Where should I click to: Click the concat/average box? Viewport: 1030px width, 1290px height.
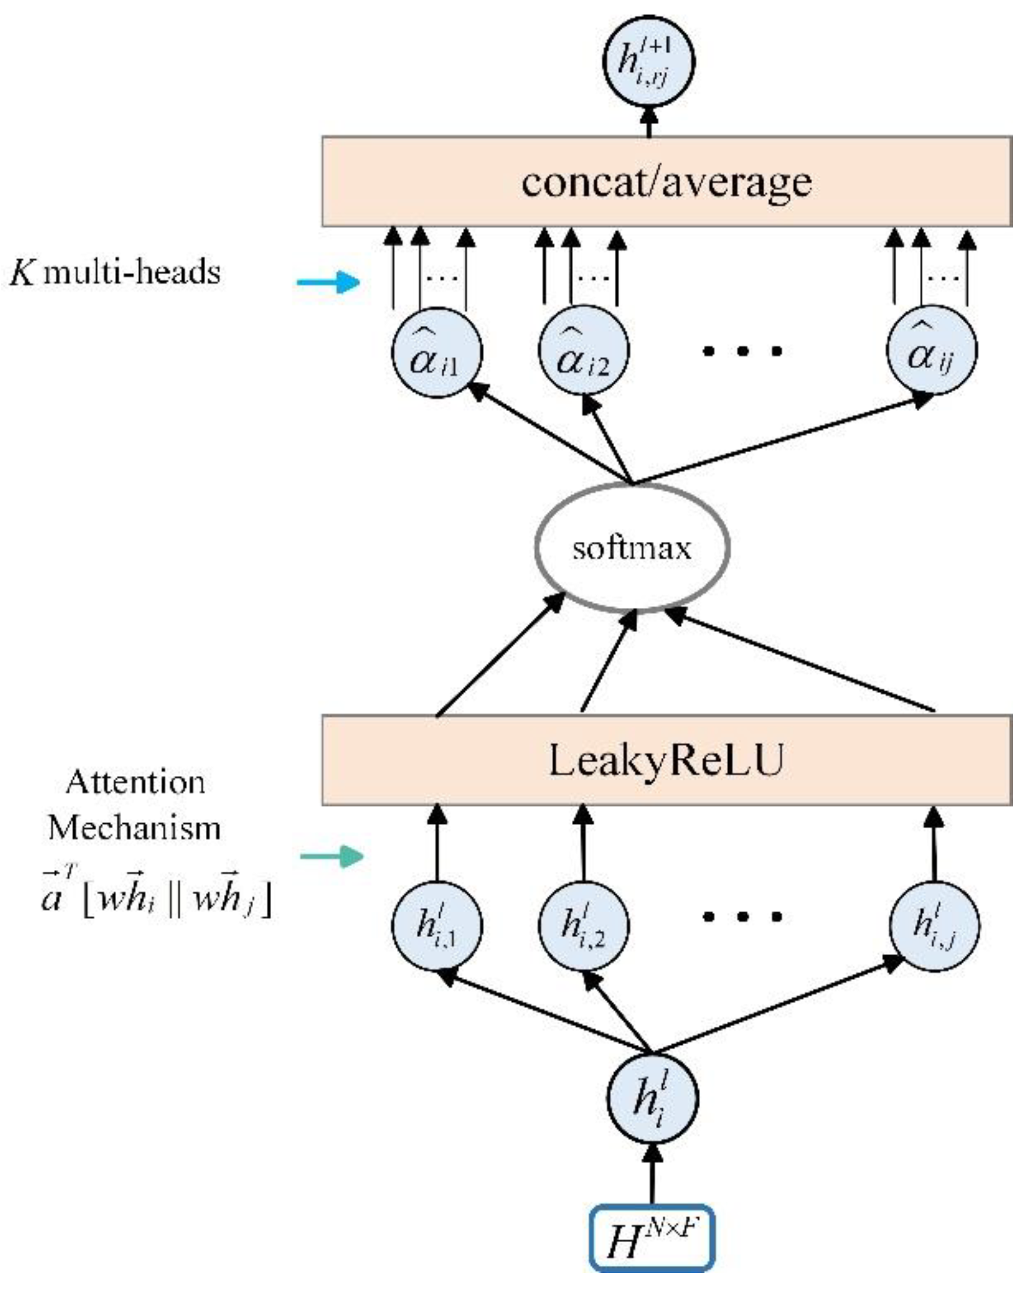pyautogui.click(x=666, y=182)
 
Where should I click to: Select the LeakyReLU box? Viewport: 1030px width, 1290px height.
pyautogui.click(x=666, y=760)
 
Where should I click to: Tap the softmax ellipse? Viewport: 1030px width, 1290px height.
pyautogui.click(x=632, y=547)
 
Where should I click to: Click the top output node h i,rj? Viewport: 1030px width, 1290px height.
pyautogui.click(x=648, y=62)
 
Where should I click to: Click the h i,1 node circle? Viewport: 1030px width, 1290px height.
pyautogui.click(x=437, y=926)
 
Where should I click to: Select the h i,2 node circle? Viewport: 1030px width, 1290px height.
pyautogui.click(x=583, y=926)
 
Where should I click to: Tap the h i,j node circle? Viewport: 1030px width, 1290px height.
pyautogui.click(x=934, y=926)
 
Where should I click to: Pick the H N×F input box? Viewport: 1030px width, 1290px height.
pyautogui.click(x=652, y=1237)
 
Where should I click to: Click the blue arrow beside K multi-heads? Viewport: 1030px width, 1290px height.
pyautogui.click(x=328, y=281)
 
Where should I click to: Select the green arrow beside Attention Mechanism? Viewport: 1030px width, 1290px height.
pyautogui.click(x=332, y=855)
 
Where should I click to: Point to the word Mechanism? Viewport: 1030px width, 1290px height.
pyautogui.click(x=134, y=827)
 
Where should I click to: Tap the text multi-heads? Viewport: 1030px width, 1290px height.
pyautogui.click(x=132, y=272)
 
